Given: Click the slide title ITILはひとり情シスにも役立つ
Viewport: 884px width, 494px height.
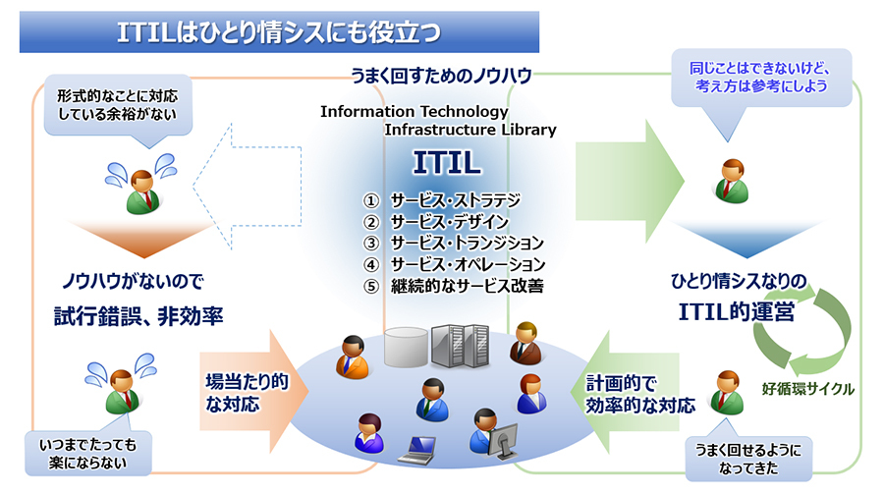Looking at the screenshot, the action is click(x=279, y=32).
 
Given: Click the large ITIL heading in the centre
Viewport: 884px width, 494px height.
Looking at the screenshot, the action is click(x=447, y=163).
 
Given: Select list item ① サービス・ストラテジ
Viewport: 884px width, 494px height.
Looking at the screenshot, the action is click(x=442, y=200).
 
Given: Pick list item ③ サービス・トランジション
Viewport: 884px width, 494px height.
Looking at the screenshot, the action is click(x=453, y=243).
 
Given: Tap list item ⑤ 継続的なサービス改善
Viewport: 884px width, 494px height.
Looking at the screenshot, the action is click(x=453, y=286).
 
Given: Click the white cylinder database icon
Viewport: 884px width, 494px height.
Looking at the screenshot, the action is click(x=406, y=348).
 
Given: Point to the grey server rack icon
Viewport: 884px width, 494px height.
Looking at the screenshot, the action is click(x=460, y=346).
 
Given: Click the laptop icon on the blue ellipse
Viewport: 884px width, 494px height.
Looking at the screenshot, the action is click(x=417, y=450).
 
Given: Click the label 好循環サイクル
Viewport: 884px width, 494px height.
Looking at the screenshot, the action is click(x=808, y=389).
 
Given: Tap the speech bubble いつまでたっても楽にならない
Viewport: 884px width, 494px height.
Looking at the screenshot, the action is click(x=88, y=453).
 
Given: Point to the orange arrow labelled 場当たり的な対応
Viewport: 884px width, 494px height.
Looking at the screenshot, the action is click(x=253, y=391).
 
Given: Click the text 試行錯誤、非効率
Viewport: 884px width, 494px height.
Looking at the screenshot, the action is click(x=138, y=316).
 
